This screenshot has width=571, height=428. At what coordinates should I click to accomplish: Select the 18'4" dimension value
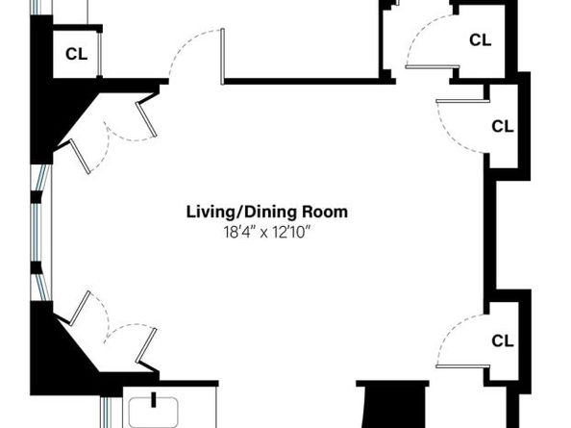[x=238, y=232]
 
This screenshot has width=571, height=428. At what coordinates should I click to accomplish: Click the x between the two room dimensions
[x=263, y=234]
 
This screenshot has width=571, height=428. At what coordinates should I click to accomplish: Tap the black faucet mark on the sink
[x=154, y=399]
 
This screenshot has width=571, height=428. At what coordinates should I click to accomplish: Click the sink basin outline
[x=154, y=413]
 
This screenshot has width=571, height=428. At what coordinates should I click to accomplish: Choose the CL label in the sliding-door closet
[x=77, y=54]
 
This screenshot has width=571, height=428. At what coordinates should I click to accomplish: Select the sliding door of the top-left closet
[x=99, y=54]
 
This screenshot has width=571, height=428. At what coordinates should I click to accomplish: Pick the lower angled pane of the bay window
[x=42, y=287]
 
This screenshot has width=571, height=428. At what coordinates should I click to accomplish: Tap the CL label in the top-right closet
[x=480, y=40]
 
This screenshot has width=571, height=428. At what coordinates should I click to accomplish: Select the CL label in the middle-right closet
[x=503, y=126]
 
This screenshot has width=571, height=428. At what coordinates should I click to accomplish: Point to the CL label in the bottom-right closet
[x=503, y=340]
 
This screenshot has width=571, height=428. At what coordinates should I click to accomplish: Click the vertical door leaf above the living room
[x=222, y=57]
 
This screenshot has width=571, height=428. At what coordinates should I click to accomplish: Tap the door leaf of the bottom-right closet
[x=462, y=366]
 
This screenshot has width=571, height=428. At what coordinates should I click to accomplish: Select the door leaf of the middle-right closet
[x=462, y=101]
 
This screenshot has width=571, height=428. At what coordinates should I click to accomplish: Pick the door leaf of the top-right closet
[x=433, y=66]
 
